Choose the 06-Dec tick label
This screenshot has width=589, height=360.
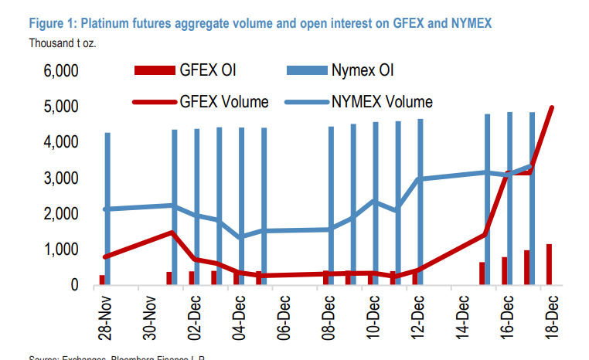click(285, 317)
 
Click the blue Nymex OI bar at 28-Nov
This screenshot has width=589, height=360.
click(107, 209)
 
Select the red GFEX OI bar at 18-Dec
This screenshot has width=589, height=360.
click(550, 264)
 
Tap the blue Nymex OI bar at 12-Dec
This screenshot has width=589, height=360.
click(420, 201)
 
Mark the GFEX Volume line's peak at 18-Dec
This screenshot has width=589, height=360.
click(552, 107)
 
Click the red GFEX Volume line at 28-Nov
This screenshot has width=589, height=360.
click(105, 256)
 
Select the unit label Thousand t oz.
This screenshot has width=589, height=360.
click(62, 42)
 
